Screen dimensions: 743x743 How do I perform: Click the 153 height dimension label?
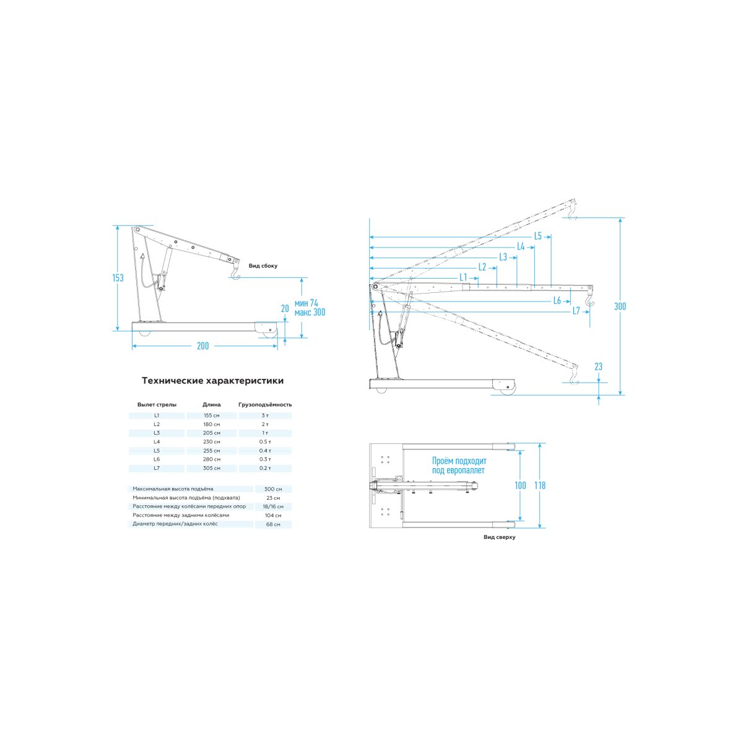coord(118,277)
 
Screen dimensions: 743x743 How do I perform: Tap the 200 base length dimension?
coord(203,346)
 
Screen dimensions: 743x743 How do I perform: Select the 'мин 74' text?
coord(306,303)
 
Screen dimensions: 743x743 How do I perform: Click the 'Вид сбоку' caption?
coord(263,266)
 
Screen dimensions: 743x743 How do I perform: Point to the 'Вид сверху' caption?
coord(499,537)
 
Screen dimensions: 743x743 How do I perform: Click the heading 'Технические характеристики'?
coord(213,381)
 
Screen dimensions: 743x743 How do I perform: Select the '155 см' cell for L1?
coord(212,415)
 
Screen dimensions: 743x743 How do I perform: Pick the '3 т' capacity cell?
coord(265,415)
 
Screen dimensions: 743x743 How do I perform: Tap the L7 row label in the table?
coord(157,468)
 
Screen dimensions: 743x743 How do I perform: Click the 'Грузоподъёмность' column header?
coord(265,405)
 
